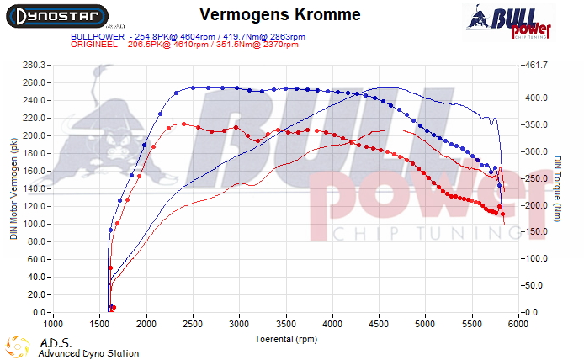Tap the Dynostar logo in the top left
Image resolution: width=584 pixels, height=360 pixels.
pyautogui.click(x=54, y=15)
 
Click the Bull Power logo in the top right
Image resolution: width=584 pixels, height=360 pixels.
pyautogui.click(x=510, y=22)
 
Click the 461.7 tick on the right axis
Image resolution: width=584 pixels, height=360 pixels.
pyautogui.click(x=537, y=65)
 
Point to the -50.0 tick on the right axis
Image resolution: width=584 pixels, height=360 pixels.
pyautogui.click(x=537, y=286)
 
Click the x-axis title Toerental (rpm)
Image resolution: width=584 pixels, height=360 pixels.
pyautogui.click(x=288, y=338)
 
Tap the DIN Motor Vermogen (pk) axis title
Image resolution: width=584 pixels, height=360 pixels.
pyautogui.click(x=13, y=189)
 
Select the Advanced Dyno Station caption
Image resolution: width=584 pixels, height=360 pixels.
pyautogui.click(x=88, y=354)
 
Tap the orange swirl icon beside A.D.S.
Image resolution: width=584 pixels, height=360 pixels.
pyautogui.click(x=17, y=347)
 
